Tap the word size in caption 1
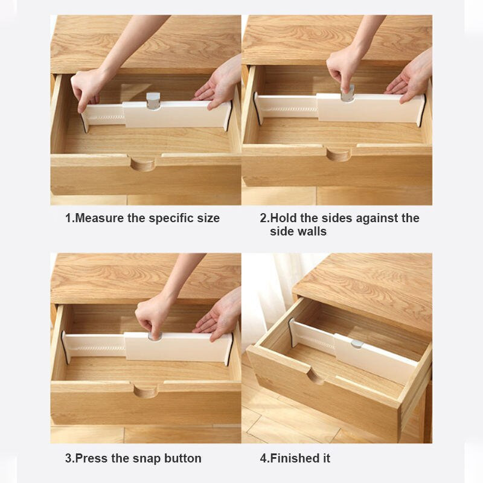[208, 218]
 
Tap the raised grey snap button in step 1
[153, 101]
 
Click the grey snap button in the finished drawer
[356, 344]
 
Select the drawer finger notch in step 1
[143, 164]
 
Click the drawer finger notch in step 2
[339, 154]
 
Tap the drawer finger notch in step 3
[146, 391]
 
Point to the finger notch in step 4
[316, 377]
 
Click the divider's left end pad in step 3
[64, 347]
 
